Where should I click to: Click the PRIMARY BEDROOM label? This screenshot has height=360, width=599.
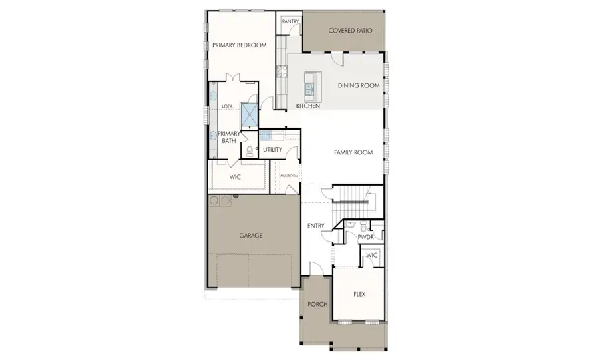point(239,45)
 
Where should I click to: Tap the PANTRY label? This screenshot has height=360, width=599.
point(290,21)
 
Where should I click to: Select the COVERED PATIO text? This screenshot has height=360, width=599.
point(350,31)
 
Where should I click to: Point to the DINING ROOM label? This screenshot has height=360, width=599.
point(359,85)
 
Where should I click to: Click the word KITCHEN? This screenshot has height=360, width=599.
point(308,106)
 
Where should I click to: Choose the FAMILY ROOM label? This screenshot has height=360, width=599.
point(353,152)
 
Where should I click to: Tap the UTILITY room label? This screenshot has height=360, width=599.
point(273,150)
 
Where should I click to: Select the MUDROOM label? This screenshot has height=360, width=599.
point(289,176)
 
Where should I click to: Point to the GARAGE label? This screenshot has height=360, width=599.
point(250,236)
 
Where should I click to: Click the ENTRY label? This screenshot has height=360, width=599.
point(316,226)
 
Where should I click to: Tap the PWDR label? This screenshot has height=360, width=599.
point(365,236)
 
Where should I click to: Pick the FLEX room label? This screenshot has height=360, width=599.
point(359,294)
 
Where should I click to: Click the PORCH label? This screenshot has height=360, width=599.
point(317,304)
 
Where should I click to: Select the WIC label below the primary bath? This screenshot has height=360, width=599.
point(234,177)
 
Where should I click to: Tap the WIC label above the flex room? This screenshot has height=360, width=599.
point(371,255)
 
